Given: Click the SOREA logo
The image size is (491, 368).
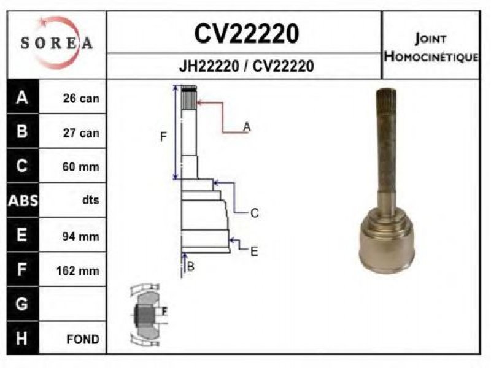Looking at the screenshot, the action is click(x=56, y=43).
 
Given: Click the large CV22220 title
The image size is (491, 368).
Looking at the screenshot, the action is click(x=247, y=34).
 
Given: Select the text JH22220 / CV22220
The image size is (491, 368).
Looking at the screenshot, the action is click(x=247, y=66).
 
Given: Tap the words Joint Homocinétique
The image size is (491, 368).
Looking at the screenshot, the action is click(x=431, y=48).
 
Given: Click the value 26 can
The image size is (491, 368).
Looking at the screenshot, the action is click(x=81, y=98).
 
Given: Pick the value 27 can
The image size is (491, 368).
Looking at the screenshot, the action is click(x=81, y=132).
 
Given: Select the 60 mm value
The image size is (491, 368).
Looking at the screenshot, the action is click(x=81, y=166).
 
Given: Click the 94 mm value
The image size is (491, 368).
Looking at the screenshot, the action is click(x=81, y=236).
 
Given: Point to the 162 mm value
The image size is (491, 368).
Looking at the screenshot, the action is click(x=78, y=270).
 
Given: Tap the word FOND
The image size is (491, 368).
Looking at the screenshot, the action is click(x=83, y=339).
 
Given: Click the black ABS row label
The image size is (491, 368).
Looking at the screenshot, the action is click(x=23, y=201).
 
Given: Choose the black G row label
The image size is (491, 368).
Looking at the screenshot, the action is click(x=23, y=304).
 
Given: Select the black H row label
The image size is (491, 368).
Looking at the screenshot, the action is click(x=23, y=339).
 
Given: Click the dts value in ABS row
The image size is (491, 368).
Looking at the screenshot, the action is click(x=90, y=200).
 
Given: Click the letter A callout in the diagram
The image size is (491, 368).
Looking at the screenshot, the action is click(x=247, y=127).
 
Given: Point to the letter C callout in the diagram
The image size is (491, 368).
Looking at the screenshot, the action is click(x=255, y=213).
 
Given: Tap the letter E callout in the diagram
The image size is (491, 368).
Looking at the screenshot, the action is click(x=254, y=251).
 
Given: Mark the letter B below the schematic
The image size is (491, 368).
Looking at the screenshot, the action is click(x=190, y=267).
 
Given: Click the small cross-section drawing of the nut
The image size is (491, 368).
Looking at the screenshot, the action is click(x=148, y=315).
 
